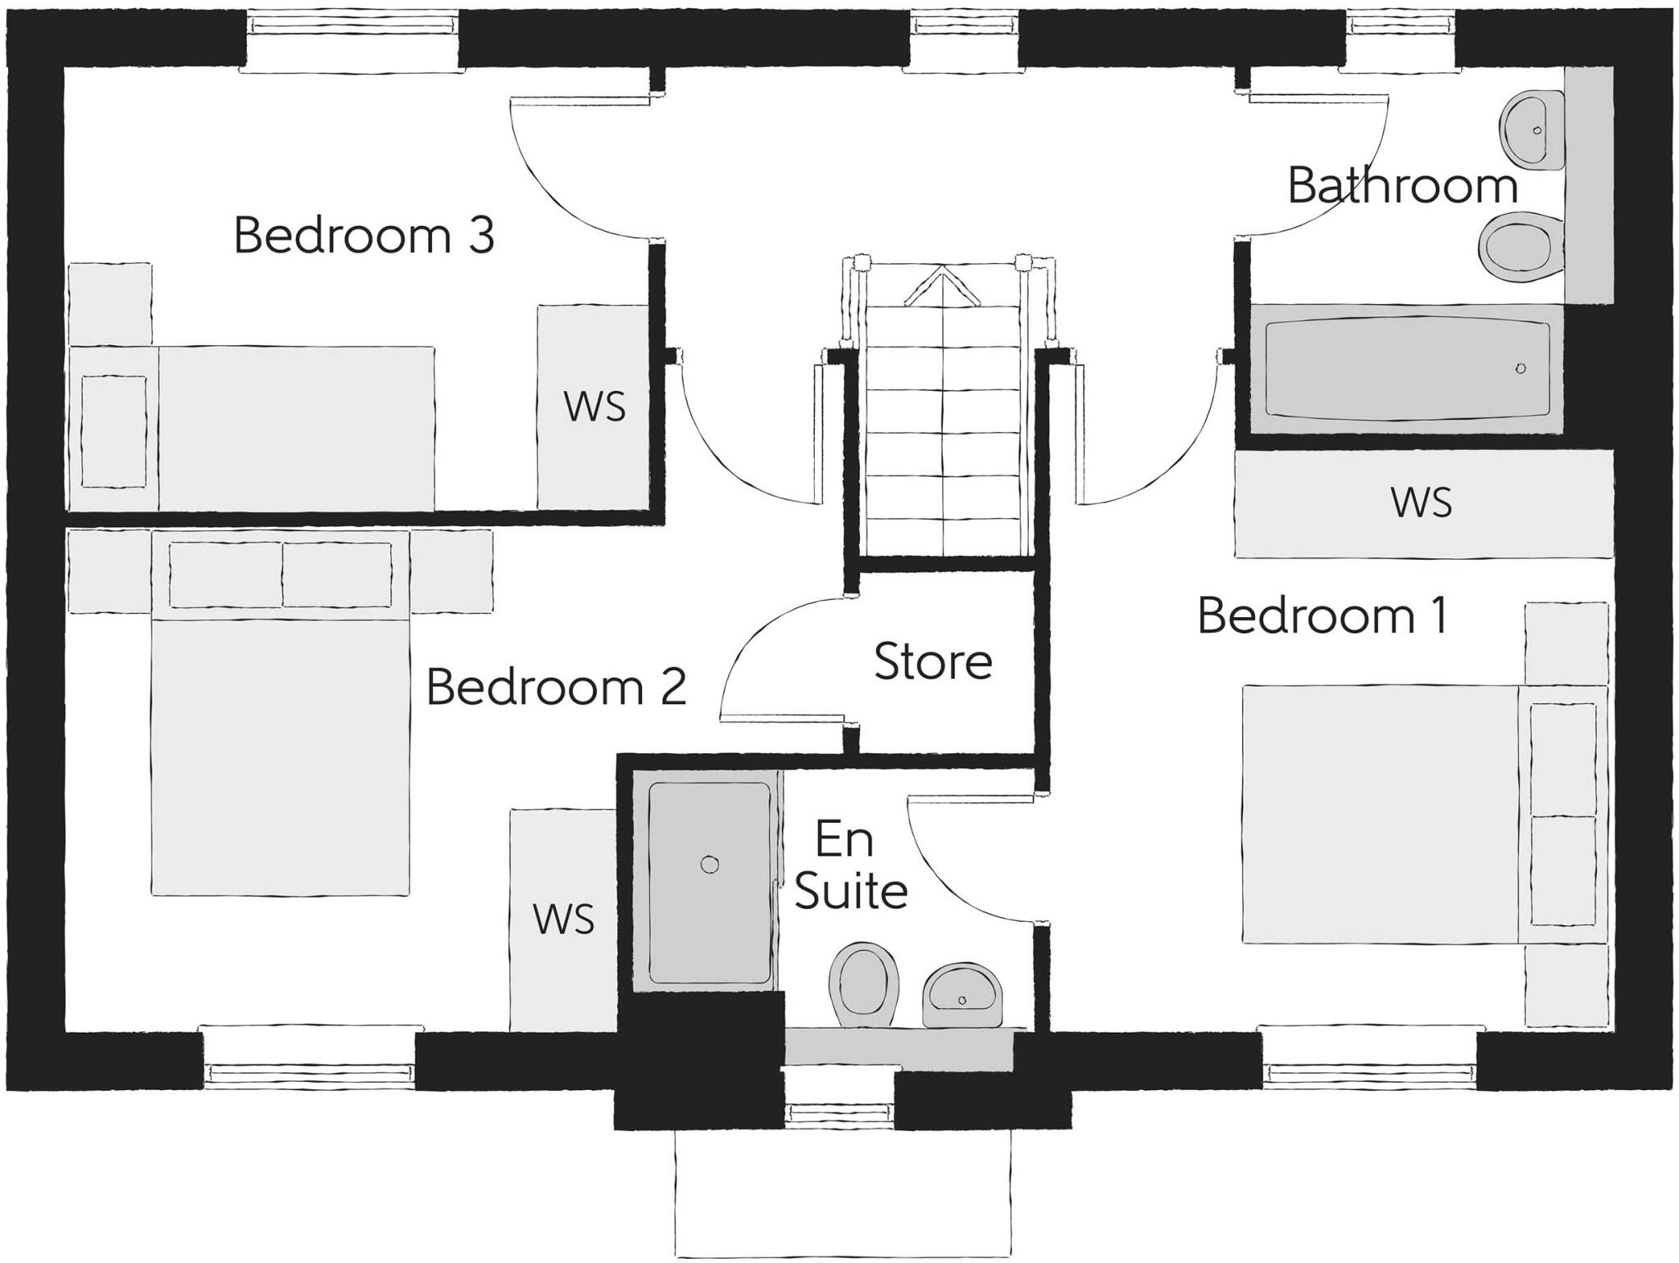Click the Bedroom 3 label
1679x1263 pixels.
364,236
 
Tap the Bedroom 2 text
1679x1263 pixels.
556,687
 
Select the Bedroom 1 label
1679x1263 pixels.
1322,616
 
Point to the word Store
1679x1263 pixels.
933,661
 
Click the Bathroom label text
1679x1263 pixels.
1402,186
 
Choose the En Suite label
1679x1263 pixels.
850,865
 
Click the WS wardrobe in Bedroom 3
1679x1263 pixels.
594,407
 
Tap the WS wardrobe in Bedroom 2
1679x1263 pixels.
563,920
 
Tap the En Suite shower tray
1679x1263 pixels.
709,884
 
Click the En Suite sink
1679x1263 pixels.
962,995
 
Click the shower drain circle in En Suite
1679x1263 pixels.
710,865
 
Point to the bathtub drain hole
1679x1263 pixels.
1521,369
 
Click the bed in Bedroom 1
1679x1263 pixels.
1386,814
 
